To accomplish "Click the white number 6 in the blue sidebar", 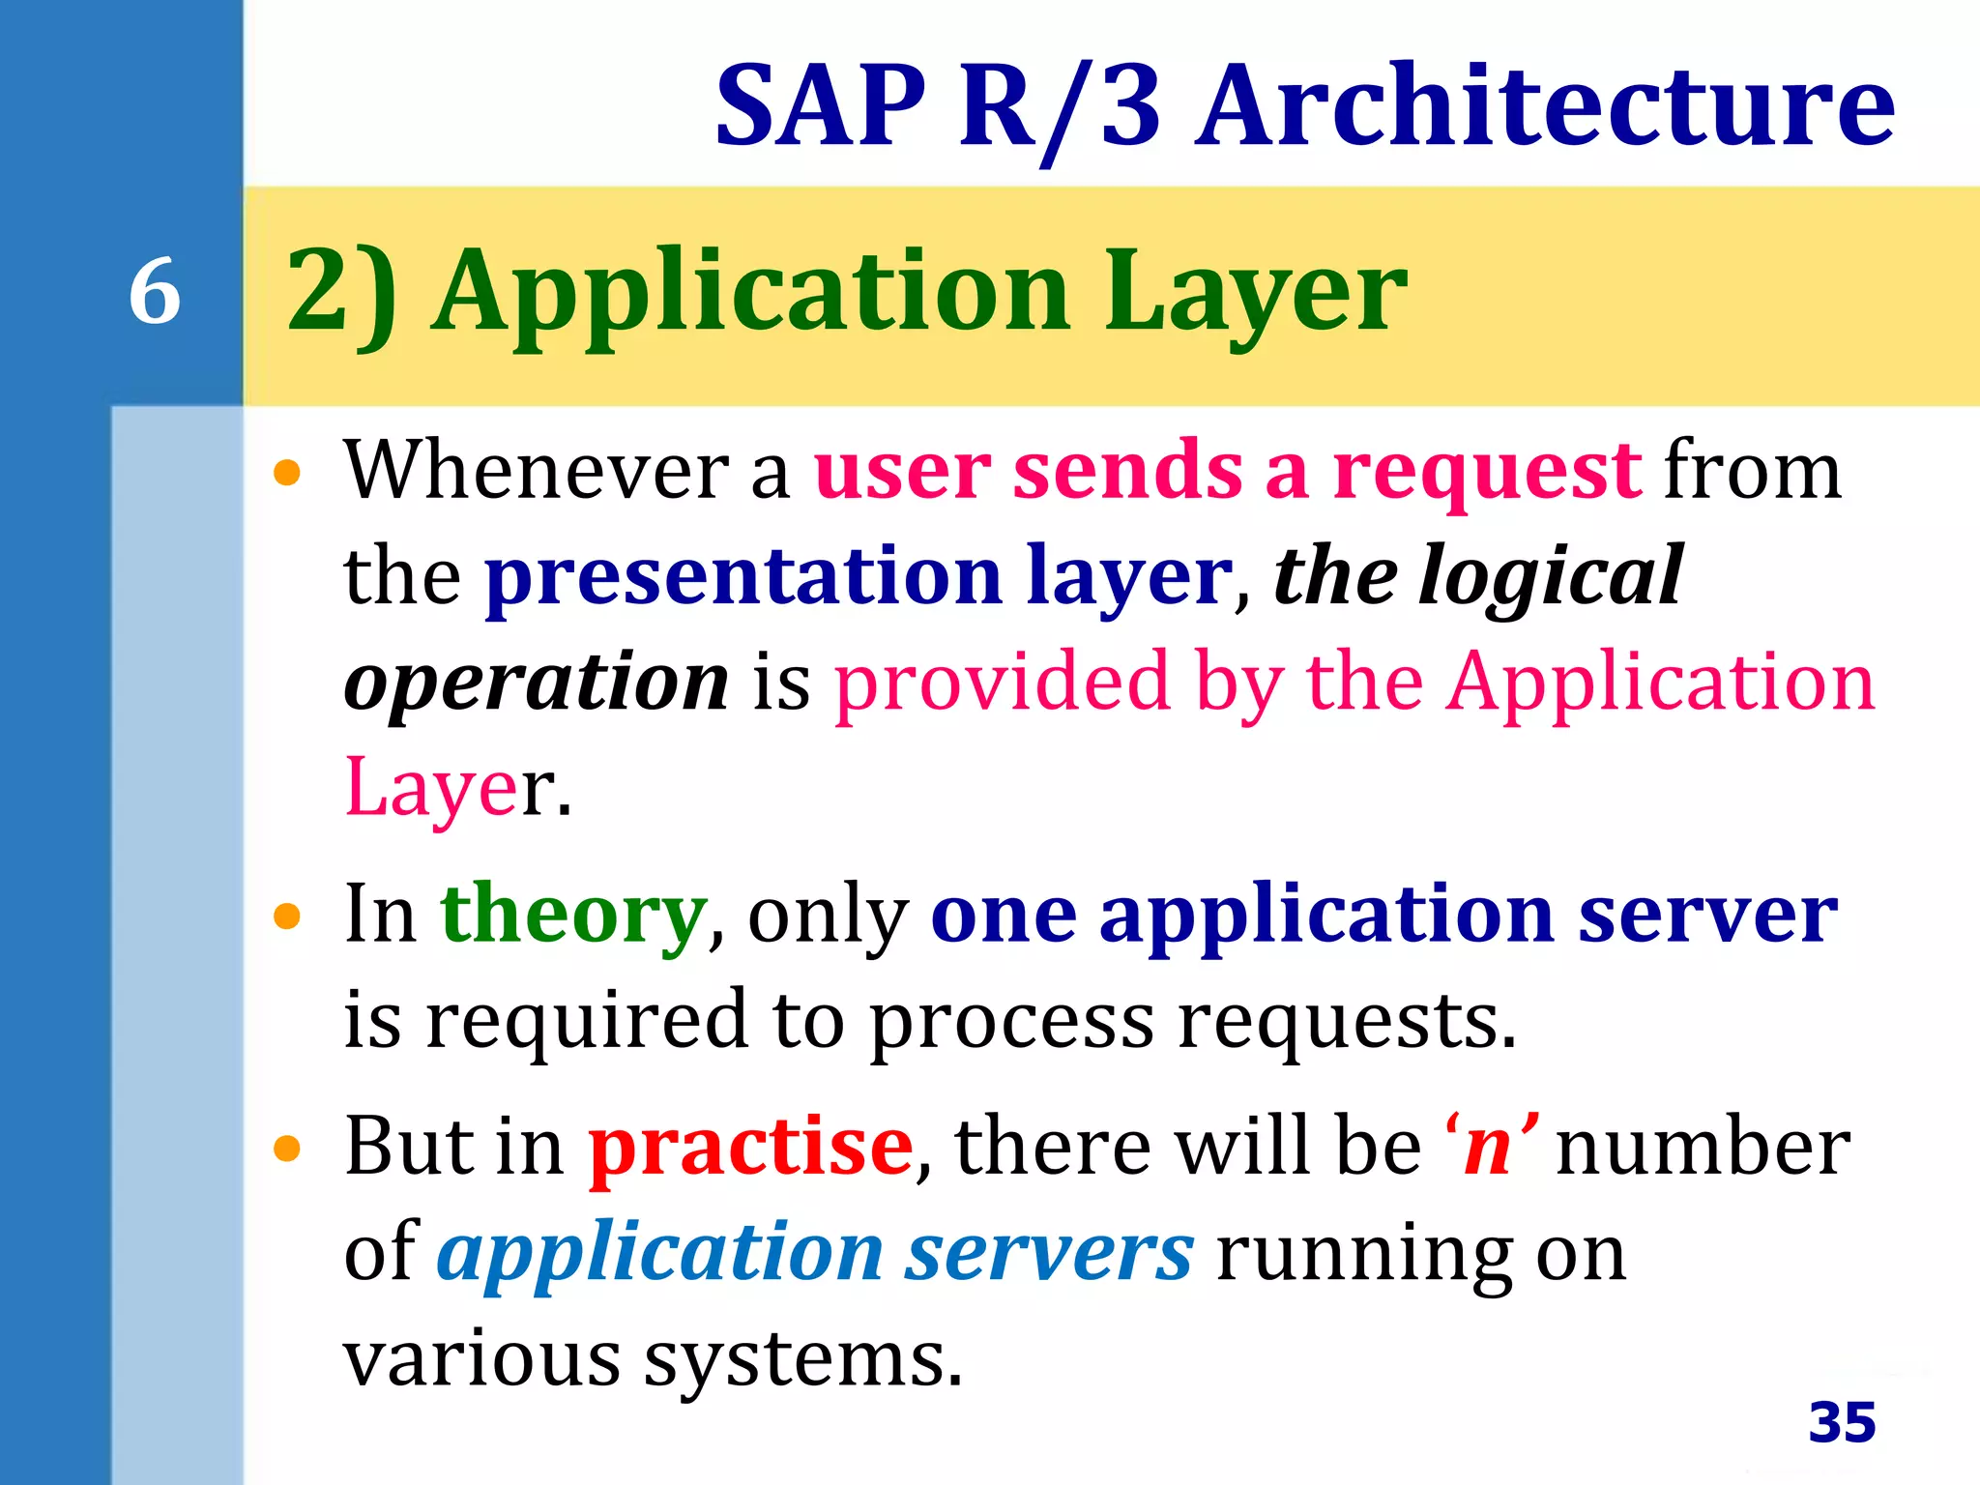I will [155, 291].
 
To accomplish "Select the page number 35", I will [1842, 1421].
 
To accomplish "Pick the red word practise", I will [751, 1147].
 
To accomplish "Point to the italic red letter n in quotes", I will [1489, 1149].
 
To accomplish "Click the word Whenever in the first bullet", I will [537, 471].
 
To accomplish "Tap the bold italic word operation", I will [537, 682].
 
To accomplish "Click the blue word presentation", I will [742, 576].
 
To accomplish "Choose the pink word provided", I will [1002, 682].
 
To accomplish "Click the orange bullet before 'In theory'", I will [287, 916].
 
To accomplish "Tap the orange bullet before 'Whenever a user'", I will [287, 474].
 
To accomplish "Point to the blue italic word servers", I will [1049, 1254].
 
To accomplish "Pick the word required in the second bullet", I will [587, 1021].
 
